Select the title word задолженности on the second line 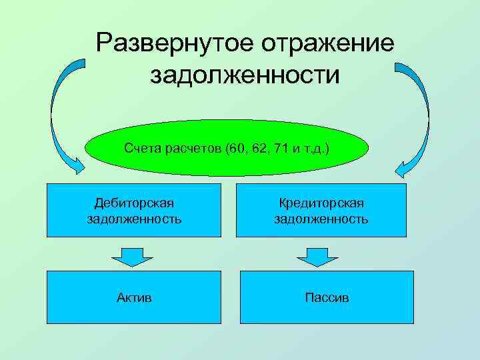point(245,74)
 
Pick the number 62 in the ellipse point(258,147)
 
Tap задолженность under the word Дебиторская point(134,218)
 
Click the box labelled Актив point(133,297)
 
